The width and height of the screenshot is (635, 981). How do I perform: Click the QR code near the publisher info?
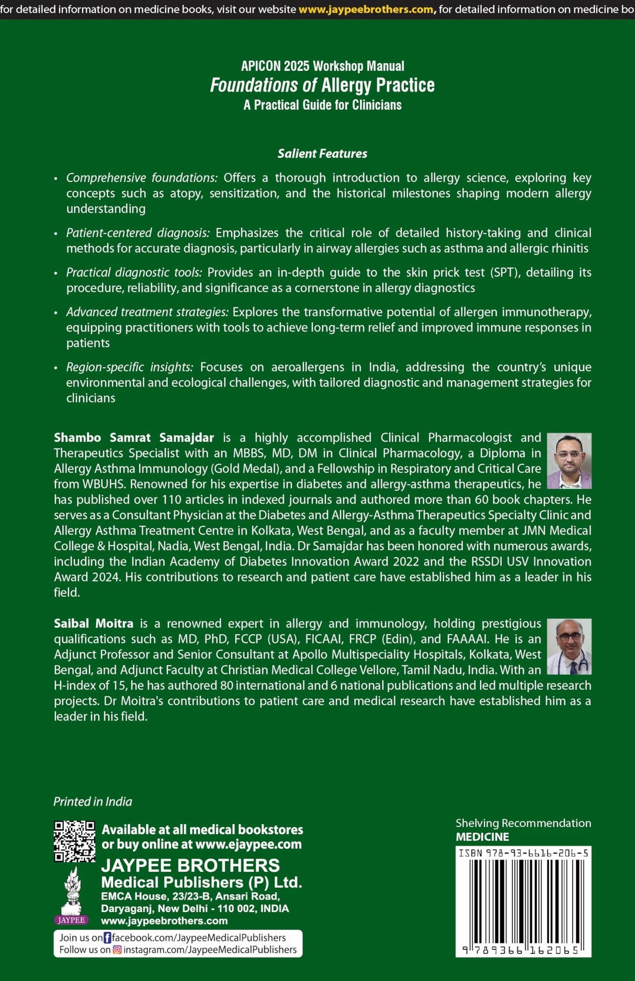pos(74,841)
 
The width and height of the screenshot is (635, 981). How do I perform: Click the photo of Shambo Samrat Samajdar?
pos(569,460)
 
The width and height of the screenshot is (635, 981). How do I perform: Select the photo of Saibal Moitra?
pos(569,646)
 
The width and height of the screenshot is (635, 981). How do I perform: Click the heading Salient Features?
pos(322,154)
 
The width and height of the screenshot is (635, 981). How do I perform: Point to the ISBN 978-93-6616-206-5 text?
pos(523,853)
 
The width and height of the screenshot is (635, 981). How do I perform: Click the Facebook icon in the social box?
pos(107,938)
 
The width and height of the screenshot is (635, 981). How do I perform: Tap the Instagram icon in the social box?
pos(117,950)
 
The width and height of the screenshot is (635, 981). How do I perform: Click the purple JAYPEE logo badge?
pos(71,920)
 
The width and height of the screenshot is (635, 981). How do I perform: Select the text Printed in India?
pos(93,802)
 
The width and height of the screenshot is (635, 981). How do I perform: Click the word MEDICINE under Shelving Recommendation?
pos(482,837)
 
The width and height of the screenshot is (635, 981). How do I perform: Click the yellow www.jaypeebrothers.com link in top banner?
pos(366,9)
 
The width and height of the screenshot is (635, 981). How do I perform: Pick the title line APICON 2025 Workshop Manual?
pos(322,66)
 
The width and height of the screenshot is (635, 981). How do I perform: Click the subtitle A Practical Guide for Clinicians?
pos(322,105)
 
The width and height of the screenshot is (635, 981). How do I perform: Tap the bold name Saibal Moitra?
pos(94,624)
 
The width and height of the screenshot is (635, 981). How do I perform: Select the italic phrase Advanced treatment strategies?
pos(147,312)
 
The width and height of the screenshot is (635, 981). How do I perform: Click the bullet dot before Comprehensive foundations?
pos(56,179)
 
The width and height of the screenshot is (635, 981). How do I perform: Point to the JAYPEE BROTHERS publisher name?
pos(190,865)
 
